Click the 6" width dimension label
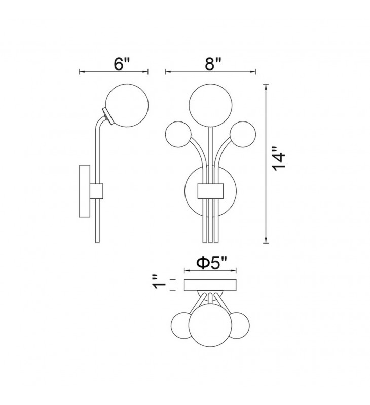point(121,64)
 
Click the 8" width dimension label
point(213,64)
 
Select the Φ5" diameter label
point(211,263)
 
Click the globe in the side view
point(127,105)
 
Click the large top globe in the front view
point(210,105)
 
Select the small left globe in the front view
point(178,134)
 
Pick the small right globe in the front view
point(243,134)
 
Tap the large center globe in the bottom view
point(210,325)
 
